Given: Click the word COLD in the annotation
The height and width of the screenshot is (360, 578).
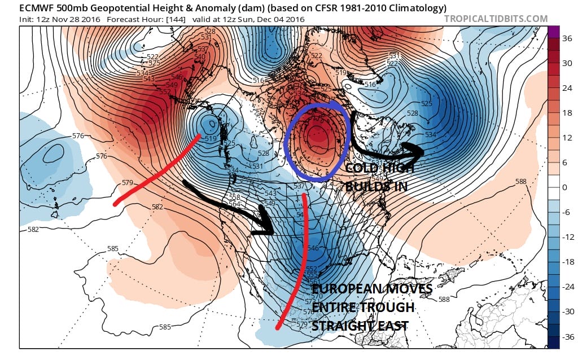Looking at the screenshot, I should [361, 168].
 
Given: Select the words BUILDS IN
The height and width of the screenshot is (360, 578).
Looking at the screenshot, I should [376, 186].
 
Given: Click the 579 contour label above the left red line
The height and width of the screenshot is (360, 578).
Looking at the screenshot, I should [128, 183].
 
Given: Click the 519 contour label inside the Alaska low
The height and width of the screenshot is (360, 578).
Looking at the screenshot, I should [211, 139].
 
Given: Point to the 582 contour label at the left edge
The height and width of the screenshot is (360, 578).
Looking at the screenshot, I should [33, 230].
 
